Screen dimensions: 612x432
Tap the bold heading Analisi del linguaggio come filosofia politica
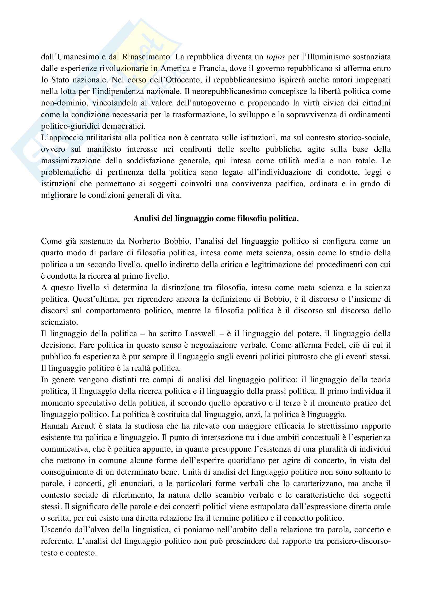[216, 218]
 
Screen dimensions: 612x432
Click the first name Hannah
[55, 426]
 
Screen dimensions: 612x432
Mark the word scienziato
[59, 322]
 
